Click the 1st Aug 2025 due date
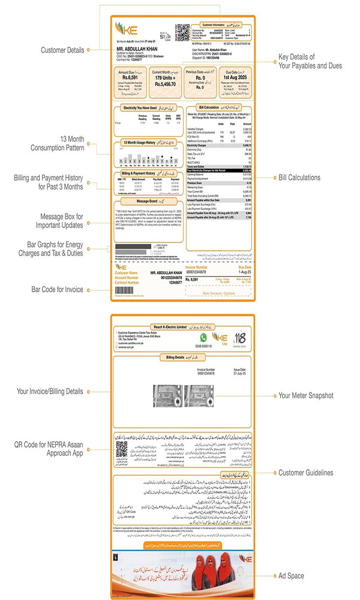click(235, 77)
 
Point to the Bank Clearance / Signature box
click(216, 294)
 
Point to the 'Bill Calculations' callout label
click(298, 178)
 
